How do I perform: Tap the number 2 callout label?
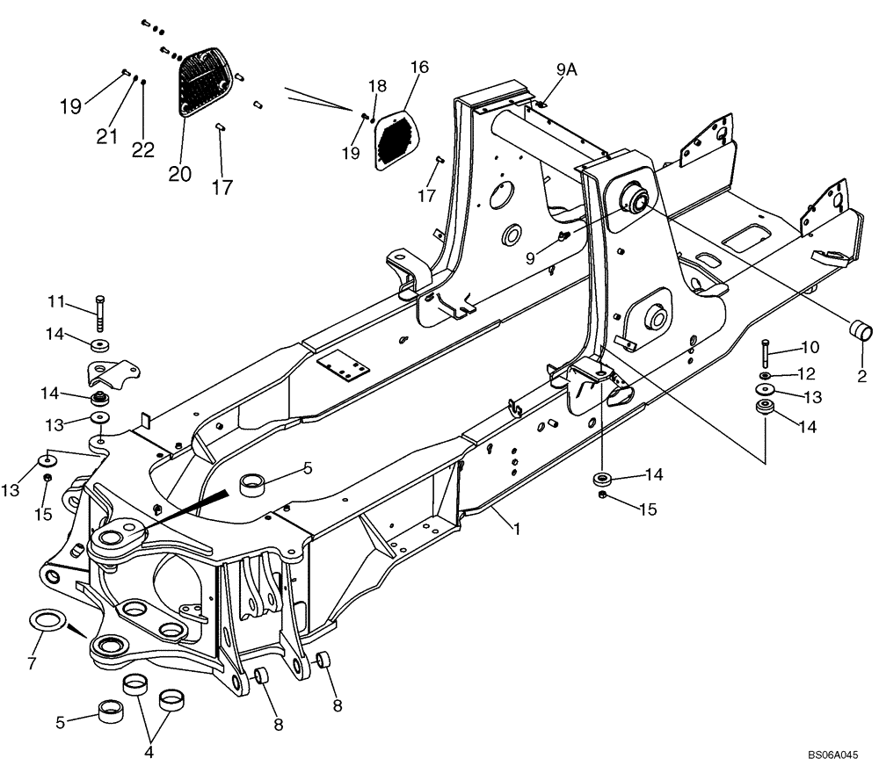(861, 377)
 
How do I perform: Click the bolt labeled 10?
(765, 353)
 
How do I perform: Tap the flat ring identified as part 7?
(49, 621)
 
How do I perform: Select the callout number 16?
(418, 68)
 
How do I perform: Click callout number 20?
(179, 173)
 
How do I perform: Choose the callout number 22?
(143, 150)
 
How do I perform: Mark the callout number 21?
(106, 135)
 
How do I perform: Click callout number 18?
(376, 86)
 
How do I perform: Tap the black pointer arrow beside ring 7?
(77, 629)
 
